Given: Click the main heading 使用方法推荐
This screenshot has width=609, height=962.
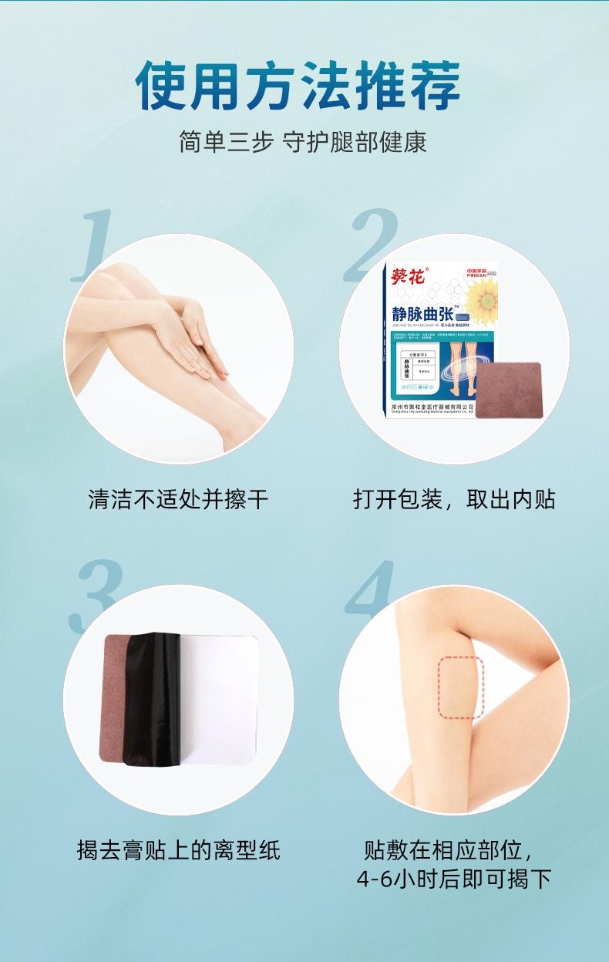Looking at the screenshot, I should (298, 85).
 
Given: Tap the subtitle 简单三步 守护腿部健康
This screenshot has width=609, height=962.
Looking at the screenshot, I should (303, 142).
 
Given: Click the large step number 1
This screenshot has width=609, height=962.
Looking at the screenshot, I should (93, 245).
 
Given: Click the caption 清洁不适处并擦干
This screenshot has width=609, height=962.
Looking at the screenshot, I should (178, 499).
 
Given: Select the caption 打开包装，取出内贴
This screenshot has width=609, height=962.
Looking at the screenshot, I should (453, 499).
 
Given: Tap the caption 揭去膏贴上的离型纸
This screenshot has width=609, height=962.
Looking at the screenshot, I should (178, 851).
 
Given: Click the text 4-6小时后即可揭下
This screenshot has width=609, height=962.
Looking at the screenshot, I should (453, 879).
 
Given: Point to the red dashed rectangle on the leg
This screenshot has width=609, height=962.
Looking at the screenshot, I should (461, 688).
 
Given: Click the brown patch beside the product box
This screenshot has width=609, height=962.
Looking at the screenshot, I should (508, 390).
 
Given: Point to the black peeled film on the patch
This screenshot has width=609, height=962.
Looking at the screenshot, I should (152, 698).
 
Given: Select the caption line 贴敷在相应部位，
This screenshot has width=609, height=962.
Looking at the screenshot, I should (449, 850).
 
